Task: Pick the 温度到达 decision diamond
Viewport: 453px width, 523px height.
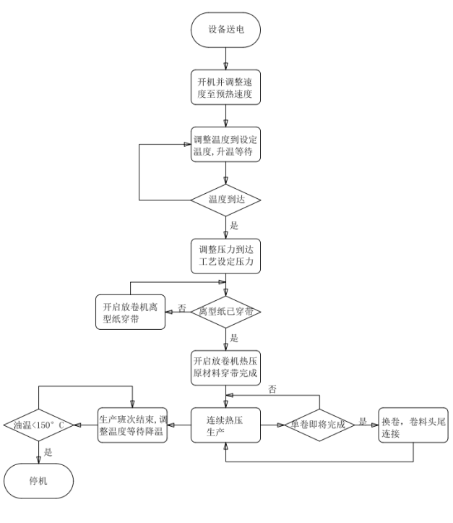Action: pos(227,198)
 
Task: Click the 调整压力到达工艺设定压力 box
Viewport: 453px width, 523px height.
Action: pos(227,256)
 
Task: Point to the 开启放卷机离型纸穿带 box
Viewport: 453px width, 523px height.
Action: pos(126,310)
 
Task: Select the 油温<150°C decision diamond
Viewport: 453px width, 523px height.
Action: pos(38,425)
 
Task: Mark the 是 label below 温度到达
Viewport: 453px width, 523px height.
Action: pos(234,226)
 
